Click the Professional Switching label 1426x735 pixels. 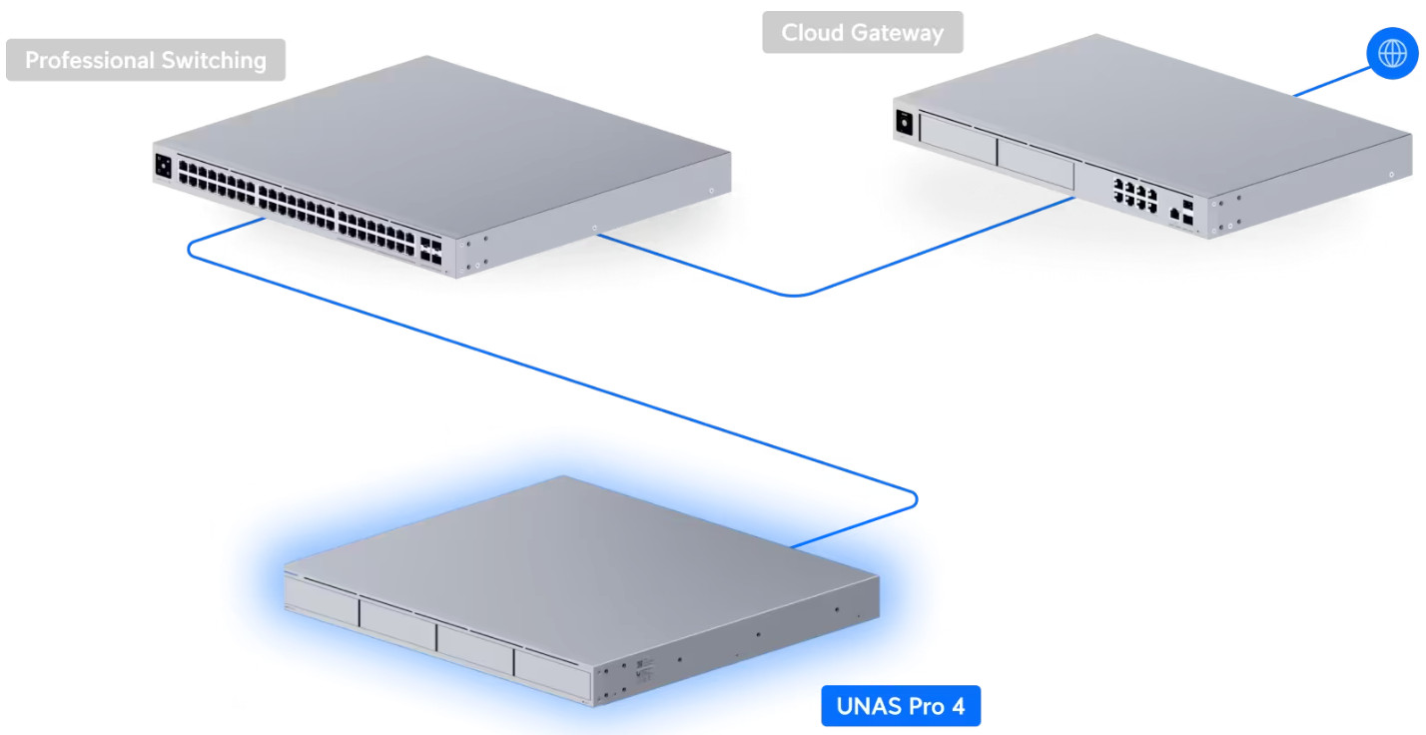click(x=146, y=60)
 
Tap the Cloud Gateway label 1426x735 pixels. click(x=863, y=32)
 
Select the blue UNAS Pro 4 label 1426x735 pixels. click(x=901, y=706)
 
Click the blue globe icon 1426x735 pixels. click(x=1392, y=54)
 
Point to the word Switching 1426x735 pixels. click(x=214, y=61)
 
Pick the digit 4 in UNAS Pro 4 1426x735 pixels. click(x=958, y=706)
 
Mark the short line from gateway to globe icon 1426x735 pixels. click(x=1332, y=82)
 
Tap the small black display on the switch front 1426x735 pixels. click(x=163, y=167)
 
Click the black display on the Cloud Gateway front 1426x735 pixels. click(x=904, y=122)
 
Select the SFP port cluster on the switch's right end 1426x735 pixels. click(x=430, y=252)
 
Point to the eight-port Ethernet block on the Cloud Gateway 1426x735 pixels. click(x=1134, y=194)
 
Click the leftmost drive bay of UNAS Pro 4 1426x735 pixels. click(x=323, y=601)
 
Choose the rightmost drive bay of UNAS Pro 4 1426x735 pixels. click(x=552, y=675)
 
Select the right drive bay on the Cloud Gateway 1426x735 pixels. click(x=1036, y=164)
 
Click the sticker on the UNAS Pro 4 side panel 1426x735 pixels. click(x=644, y=667)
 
